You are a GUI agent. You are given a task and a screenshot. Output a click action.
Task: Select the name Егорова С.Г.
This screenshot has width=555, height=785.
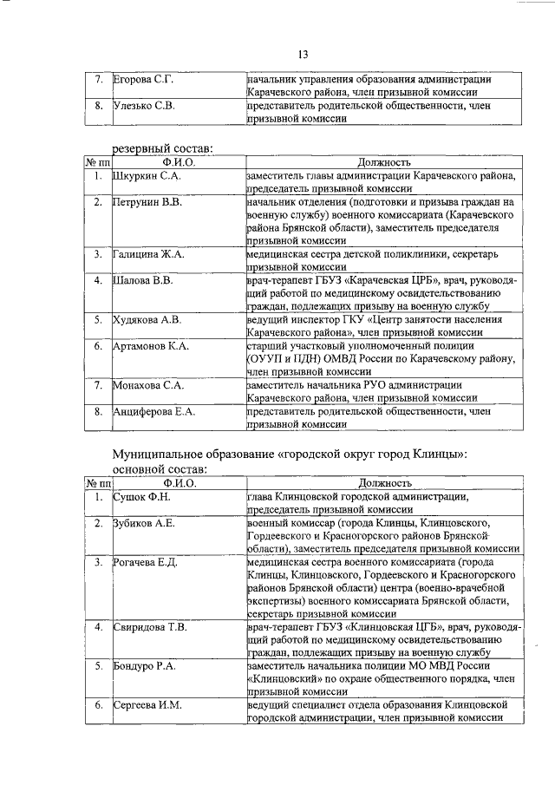[145, 81]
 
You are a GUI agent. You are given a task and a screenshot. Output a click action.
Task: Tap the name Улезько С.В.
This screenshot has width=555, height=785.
[144, 107]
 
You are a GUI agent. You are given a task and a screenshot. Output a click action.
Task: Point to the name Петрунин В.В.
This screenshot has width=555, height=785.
[147, 202]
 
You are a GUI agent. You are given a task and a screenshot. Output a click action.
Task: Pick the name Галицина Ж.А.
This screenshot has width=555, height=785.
[148, 254]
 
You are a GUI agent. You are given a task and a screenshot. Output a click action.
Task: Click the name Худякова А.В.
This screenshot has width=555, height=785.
[147, 319]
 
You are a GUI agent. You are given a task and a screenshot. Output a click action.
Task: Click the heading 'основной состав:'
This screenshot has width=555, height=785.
[163, 468]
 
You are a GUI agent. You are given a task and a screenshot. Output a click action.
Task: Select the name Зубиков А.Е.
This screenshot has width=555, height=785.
[145, 523]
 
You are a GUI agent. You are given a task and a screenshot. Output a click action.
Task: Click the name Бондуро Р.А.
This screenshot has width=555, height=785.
[145, 666]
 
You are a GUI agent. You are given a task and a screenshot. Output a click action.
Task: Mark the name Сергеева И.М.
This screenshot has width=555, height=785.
[147, 705]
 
